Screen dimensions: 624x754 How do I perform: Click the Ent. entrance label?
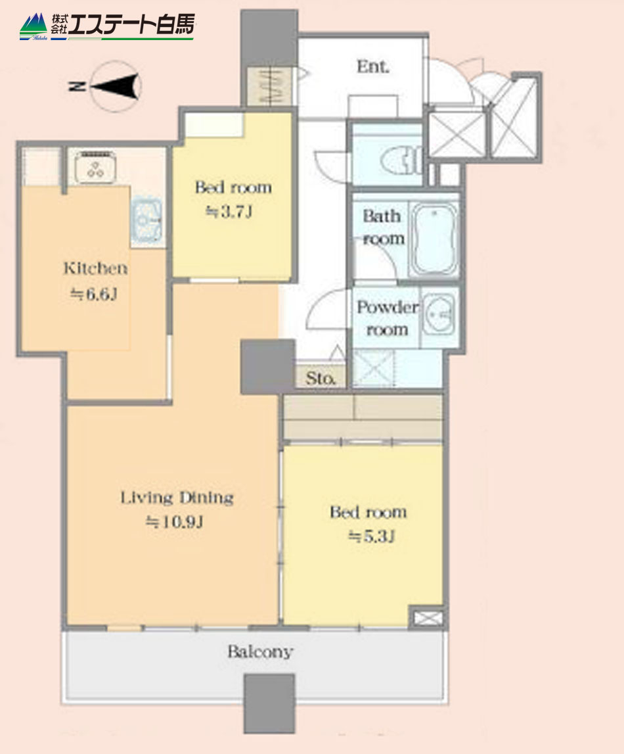coord(373,66)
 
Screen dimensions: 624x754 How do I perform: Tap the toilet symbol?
coord(403,160)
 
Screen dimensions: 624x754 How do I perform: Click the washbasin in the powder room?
coord(439,314)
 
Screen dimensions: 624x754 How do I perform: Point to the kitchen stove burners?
coord(96,168)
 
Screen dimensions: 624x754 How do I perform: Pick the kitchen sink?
coord(146,220)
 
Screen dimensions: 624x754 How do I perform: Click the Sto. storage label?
coord(321,379)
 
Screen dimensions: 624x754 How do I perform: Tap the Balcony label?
coord(260,651)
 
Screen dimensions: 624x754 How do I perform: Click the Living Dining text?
coord(177,498)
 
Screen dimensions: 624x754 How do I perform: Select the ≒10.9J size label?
coord(174,522)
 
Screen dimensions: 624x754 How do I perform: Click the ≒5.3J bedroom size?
coord(371,536)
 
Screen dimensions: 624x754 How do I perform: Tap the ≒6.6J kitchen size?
coord(94,294)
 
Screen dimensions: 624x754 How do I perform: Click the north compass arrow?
coord(115,86)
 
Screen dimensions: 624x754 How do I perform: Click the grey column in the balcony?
coord(269,703)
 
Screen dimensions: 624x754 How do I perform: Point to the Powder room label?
coord(387,318)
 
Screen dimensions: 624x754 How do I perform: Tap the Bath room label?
coord(383,227)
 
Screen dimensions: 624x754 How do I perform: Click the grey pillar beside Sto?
coord(267,367)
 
